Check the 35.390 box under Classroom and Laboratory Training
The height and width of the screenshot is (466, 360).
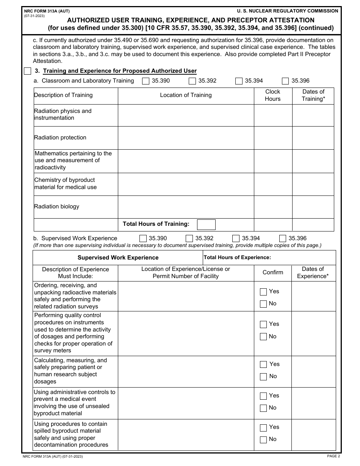146,81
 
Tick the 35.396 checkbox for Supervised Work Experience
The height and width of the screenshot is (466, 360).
283,238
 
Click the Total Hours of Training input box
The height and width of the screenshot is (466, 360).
206,225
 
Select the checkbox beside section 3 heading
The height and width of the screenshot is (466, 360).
28,71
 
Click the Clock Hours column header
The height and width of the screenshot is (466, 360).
272,95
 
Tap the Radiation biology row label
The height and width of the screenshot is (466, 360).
57,206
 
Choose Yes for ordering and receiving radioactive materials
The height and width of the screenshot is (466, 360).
263,292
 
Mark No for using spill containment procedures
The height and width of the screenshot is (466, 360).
263,440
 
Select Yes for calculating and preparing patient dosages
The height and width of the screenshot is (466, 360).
263,364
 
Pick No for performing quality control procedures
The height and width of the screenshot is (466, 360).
263,337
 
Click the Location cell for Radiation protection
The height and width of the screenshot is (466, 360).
186,138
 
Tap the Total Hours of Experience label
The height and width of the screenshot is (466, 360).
237,258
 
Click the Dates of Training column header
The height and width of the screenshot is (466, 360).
313,95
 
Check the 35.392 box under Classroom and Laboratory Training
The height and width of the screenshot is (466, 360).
192,81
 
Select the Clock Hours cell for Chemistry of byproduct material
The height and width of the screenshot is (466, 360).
272,184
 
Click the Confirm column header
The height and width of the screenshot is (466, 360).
272,272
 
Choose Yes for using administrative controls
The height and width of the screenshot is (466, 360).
263,396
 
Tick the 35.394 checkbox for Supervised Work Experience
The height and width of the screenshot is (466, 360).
236,238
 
